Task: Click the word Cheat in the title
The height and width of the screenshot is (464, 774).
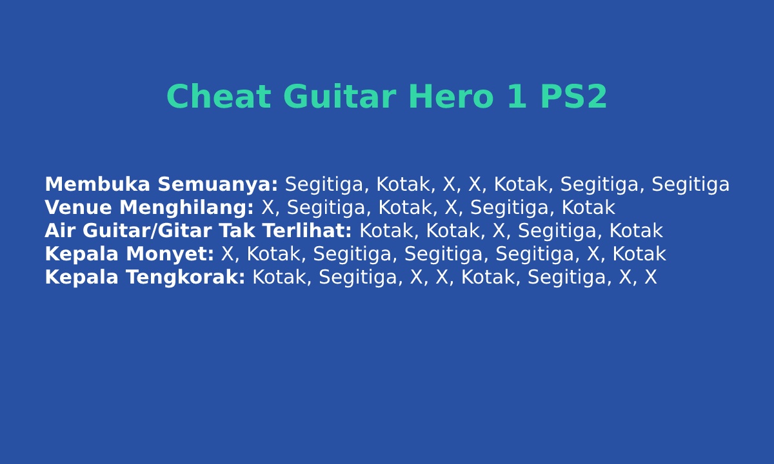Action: click(219, 96)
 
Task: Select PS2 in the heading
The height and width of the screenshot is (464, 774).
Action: click(573, 96)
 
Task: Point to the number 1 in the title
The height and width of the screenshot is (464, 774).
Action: click(517, 96)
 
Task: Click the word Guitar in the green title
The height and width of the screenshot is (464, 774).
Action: click(340, 96)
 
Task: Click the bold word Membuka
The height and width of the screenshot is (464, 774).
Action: click(97, 184)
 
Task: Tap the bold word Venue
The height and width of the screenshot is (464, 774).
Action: click(79, 208)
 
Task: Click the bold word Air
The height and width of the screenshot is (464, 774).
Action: click(60, 231)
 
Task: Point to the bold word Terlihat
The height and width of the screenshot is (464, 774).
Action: click(308, 231)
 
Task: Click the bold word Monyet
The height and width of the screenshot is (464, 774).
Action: click(170, 255)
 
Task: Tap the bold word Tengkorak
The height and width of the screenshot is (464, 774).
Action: click(185, 277)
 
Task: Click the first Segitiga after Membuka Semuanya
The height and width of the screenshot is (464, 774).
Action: click(324, 185)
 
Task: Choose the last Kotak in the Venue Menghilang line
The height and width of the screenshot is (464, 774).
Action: click(588, 208)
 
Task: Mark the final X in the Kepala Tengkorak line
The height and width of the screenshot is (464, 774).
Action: click(651, 277)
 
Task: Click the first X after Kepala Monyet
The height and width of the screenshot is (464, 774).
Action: click(228, 254)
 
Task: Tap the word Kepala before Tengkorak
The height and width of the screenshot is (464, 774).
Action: click(82, 278)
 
